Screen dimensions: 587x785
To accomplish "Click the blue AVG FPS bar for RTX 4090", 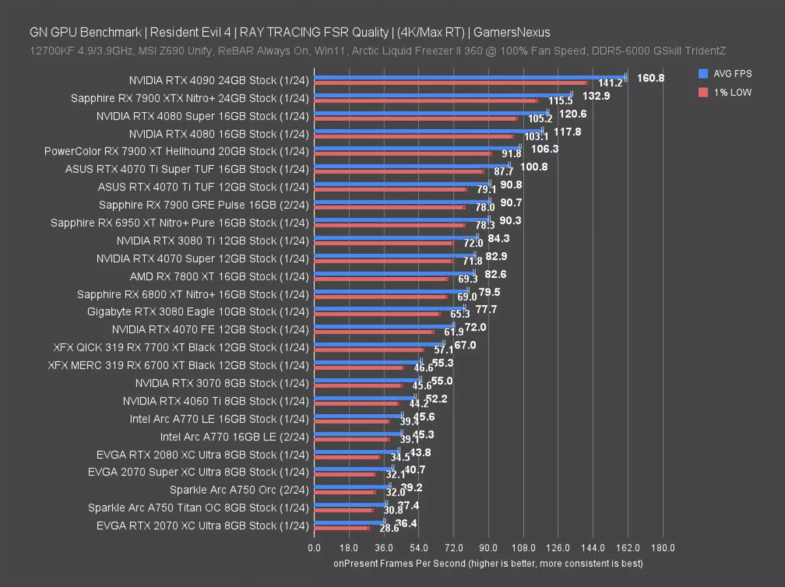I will pos(470,77).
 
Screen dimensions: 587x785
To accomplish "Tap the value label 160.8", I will pos(651,78).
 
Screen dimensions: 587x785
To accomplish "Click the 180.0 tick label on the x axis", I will pos(663,548).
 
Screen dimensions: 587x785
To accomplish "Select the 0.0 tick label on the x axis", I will pos(314,548).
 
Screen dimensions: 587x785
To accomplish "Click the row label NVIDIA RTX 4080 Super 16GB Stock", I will pos(202,116).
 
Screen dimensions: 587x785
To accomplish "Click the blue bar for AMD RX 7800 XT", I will pos(394,273).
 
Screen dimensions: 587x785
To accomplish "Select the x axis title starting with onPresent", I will pos(488,563).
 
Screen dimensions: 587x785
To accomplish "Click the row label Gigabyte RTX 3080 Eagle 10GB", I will pos(198,311).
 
